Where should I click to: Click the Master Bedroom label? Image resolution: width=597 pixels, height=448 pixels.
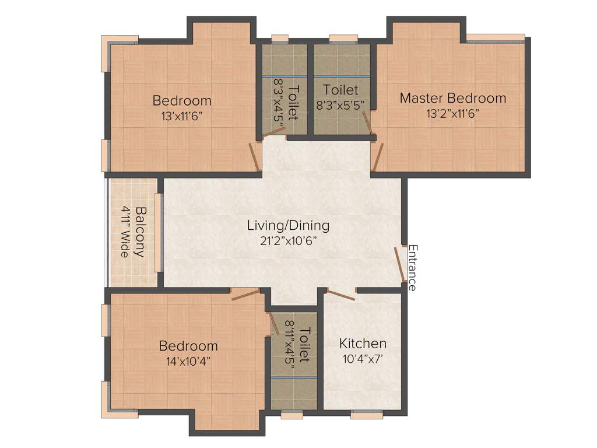(452, 98)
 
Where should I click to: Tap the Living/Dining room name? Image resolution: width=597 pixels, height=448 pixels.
(288, 225)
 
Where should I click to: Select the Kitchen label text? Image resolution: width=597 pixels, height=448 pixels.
(363, 343)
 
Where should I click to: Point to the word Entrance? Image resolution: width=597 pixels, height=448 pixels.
(412, 267)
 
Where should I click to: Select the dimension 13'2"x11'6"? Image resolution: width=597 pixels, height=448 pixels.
(452, 114)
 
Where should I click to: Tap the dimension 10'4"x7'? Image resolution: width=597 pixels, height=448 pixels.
(363, 359)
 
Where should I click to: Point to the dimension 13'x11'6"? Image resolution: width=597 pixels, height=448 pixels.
(182, 116)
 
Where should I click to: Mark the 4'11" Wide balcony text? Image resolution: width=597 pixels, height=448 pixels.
(124, 232)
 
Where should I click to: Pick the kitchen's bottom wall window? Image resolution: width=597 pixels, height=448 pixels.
(367, 415)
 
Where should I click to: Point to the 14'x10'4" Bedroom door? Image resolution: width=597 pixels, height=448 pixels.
(245, 294)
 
